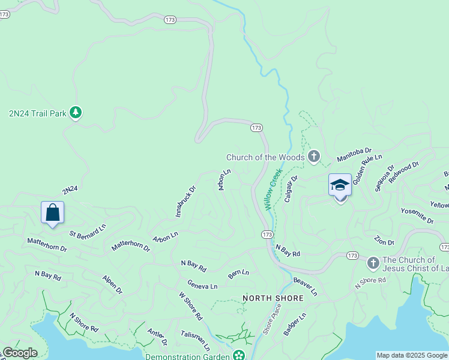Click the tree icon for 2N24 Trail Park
tap(76, 112)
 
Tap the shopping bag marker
tap(52, 212)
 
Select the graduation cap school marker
tap(340, 185)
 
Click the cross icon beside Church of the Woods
tap(313, 157)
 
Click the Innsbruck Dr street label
tap(185, 201)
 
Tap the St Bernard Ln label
tap(88, 230)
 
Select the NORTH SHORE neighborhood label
tap(273, 298)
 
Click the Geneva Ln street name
tap(202, 286)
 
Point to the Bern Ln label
tap(238, 274)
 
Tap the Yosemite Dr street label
tap(417, 216)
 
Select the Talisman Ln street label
tap(195, 340)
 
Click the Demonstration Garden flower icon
tap(239, 356)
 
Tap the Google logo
tap(19, 353)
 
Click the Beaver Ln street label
tap(305, 286)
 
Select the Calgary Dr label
tap(291, 188)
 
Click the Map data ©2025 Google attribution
tap(412, 355)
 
